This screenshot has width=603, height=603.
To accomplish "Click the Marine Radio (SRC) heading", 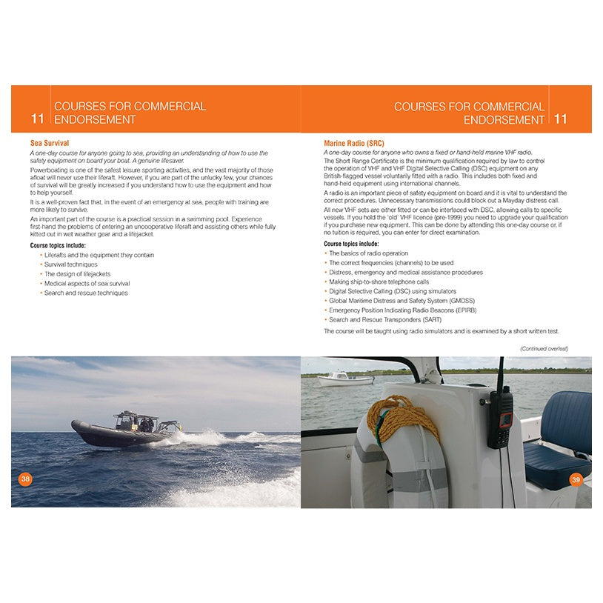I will (x=354, y=141).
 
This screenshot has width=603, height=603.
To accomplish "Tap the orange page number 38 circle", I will (x=25, y=479).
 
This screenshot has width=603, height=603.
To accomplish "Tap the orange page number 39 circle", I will (x=576, y=480).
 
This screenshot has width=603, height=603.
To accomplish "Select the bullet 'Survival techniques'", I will (x=70, y=264).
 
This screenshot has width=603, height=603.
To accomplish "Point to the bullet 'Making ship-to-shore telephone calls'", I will (x=379, y=281).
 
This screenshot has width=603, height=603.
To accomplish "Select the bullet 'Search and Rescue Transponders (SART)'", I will (x=385, y=319).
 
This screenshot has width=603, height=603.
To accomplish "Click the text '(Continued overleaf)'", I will (x=544, y=348).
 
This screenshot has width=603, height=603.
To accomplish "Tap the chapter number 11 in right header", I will (x=561, y=119).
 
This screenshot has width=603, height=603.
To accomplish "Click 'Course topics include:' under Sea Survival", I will (x=58, y=245).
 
